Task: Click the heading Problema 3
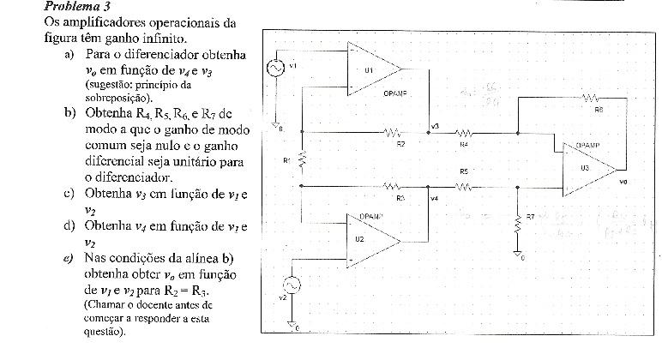click(x=34, y=7)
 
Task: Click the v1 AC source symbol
click(x=276, y=69)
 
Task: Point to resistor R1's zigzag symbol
click(x=302, y=160)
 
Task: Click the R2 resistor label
click(x=400, y=144)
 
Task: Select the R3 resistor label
click(x=400, y=197)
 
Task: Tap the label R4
click(x=463, y=144)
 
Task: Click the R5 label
click(x=463, y=172)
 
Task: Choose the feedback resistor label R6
click(x=598, y=110)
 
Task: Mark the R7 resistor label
click(x=530, y=217)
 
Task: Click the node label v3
click(x=435, y=127)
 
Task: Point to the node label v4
click(x=435, y=199)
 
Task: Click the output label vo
click(x=622, y=182)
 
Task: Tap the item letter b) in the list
click(x=69, y=112)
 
